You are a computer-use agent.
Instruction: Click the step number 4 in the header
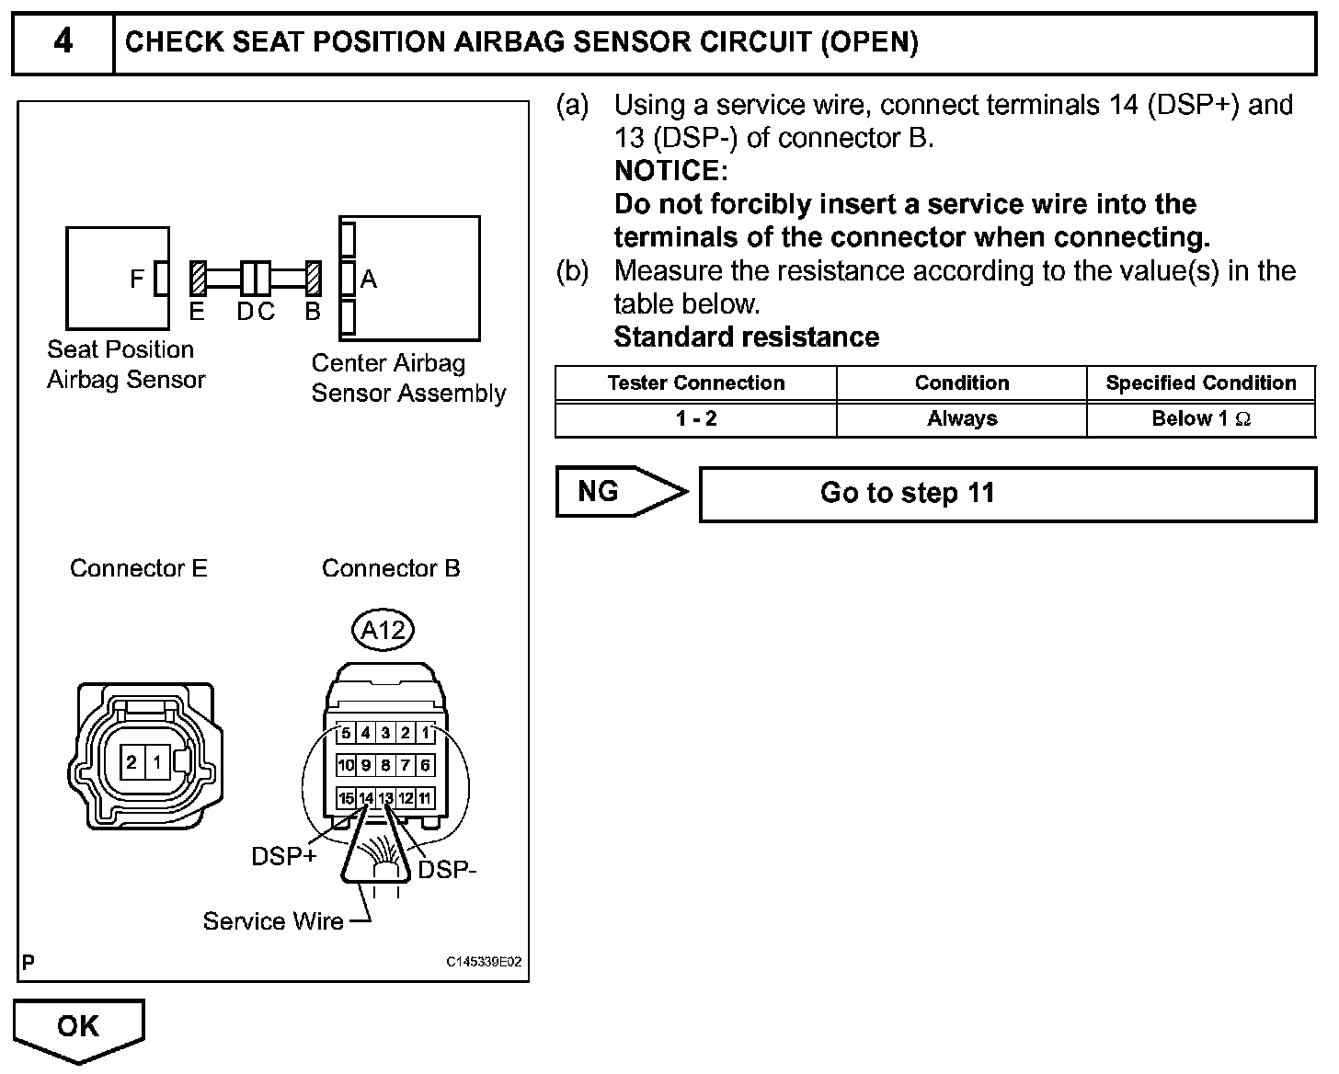63,42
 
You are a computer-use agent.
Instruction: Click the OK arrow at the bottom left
79,1026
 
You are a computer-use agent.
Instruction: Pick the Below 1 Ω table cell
1200,419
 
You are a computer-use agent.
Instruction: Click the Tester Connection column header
695,383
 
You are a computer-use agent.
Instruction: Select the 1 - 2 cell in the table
695,419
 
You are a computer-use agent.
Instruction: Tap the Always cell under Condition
961,419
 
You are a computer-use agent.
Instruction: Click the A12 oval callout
383,630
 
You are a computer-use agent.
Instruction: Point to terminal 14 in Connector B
366,798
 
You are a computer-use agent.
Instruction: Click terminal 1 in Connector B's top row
425,733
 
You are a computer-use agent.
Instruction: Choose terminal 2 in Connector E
132,762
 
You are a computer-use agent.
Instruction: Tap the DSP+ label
284,856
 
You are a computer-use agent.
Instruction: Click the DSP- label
448,869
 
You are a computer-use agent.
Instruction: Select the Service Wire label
273,921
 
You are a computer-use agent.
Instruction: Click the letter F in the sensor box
137,279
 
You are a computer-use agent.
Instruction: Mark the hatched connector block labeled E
198,278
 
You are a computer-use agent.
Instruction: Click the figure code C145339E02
484,963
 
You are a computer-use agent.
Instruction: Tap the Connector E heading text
139,568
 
